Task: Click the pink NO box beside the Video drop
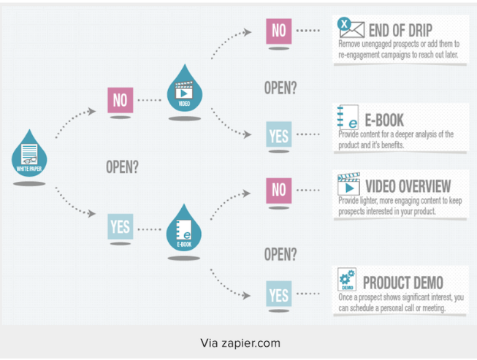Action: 121,100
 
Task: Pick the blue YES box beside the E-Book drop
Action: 120,226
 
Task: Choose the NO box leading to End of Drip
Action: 278,31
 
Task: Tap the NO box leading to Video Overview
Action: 278,189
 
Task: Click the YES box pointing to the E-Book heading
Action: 278,134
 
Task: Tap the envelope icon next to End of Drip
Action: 351,28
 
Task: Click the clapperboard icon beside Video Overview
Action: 348,184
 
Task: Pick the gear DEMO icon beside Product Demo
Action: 347,280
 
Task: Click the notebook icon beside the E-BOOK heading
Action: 347,118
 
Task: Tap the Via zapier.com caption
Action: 240,342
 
